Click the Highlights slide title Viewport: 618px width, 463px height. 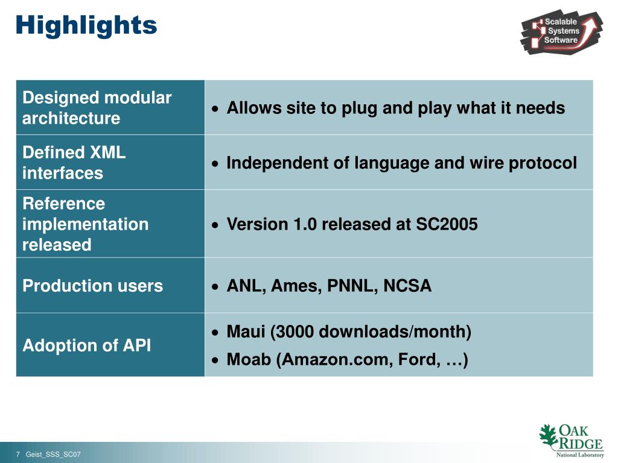86,25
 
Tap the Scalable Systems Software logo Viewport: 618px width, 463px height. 561,31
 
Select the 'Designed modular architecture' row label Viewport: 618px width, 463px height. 97,108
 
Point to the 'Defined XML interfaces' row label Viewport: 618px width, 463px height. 74,163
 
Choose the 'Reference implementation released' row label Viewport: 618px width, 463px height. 85,224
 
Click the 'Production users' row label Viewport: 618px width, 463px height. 92,286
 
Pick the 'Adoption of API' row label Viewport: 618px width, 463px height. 86,345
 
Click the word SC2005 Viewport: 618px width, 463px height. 447,224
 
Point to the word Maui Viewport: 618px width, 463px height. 246,332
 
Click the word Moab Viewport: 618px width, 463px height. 248,360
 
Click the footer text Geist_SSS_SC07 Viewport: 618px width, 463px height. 53,454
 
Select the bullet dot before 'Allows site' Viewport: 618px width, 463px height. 215,109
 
